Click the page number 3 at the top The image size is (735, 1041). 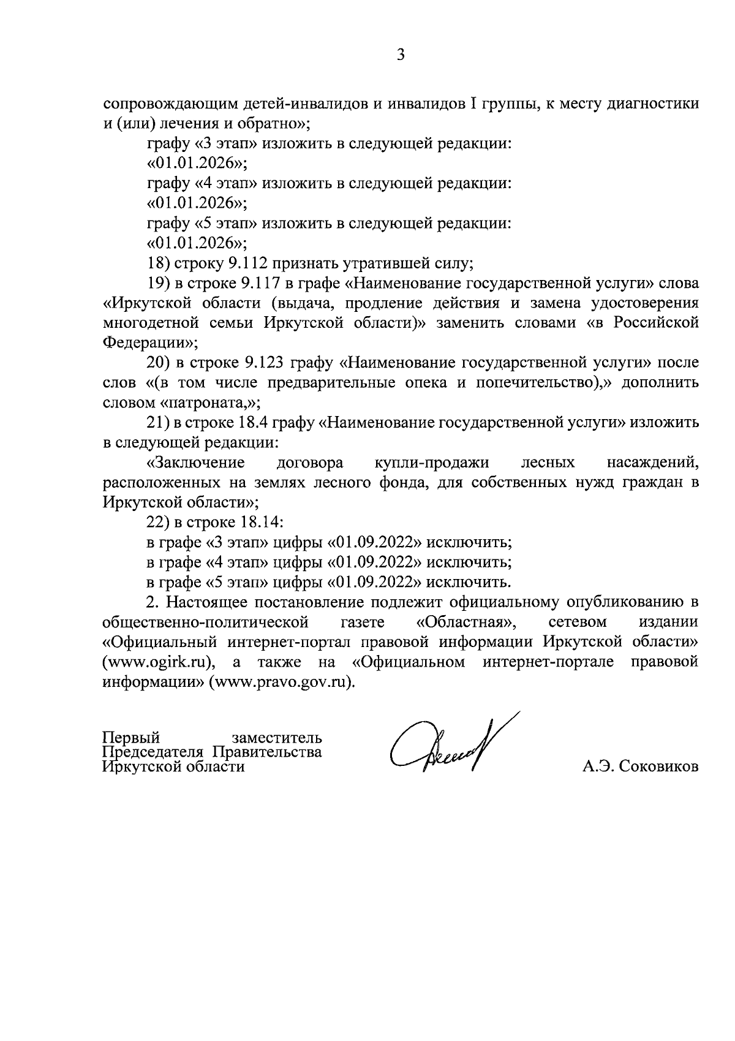401,55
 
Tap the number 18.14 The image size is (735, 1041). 258,523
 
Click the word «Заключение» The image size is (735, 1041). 196,463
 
